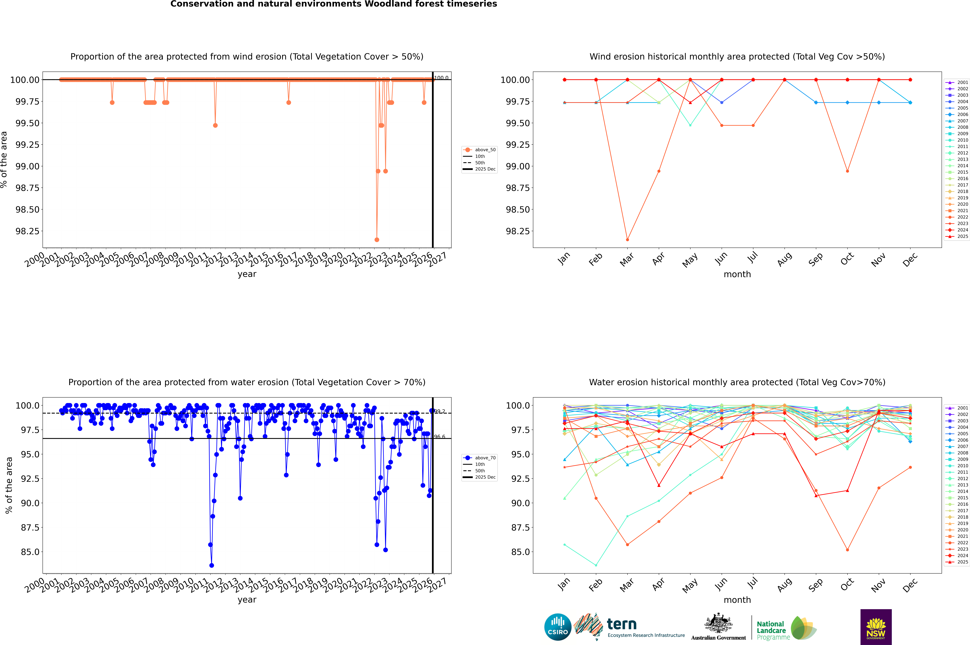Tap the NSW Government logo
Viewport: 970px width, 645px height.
(x=876, y=627)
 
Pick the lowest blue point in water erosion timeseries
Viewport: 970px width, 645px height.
(x=211, y=565)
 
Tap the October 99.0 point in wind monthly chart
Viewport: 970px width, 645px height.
(x=847, y=171)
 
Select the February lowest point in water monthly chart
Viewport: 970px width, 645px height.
(x=596, y=565)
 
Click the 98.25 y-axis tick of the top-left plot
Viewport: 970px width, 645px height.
(x=28, y=231)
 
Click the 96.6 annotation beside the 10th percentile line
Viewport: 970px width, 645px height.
(x=440, y=437)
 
